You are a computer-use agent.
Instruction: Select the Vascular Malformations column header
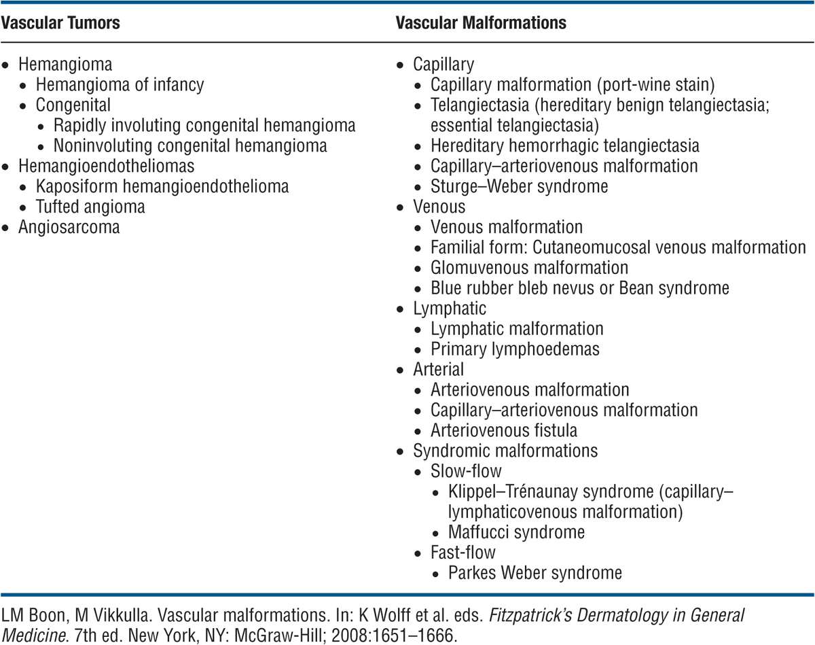(481, 23)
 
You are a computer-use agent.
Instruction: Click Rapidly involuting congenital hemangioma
(204, 126)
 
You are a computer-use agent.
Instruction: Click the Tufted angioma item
(90, 207)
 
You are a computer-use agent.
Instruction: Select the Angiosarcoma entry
(69, 227)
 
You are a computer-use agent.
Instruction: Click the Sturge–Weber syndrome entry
(520, 186)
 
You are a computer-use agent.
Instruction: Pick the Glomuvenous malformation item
(530, 268)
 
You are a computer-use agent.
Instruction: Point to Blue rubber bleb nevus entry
(580, 287)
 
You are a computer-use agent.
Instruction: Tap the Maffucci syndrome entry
(516, 531)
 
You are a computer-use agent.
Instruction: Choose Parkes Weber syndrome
(535, 572)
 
